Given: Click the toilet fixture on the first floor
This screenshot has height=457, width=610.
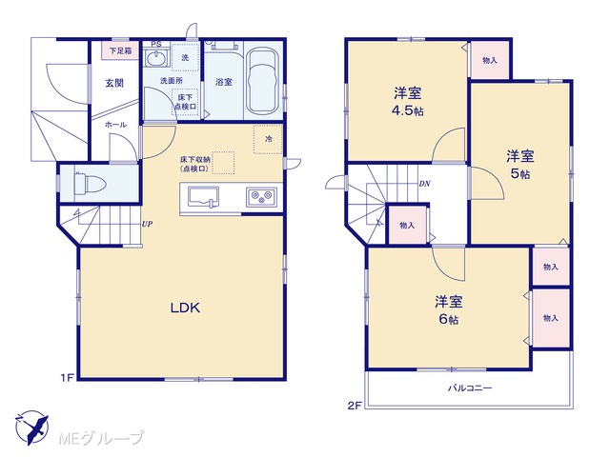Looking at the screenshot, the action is pos(90,184).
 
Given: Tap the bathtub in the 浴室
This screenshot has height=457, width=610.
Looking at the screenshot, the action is pos(263,80).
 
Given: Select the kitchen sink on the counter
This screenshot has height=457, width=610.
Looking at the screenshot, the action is pos(203,197).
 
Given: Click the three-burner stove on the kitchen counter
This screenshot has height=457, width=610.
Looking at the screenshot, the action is pos(261,197).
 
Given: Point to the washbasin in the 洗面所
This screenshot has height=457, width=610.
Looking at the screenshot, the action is pos(156,59).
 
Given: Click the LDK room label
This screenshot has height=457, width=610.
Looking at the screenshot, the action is pos(185,308).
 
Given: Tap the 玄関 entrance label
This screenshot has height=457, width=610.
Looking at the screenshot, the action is pos(114,83).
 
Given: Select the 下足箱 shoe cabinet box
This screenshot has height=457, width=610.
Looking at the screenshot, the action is pos(120,50).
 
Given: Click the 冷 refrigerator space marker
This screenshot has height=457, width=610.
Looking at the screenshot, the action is pos(268,139).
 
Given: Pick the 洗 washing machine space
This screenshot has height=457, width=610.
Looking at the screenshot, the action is pos(185,57).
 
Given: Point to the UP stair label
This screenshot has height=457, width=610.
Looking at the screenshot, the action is pos(147,225).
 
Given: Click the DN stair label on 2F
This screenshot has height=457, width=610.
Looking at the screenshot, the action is pos(424,184).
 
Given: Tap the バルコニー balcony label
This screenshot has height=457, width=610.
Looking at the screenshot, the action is pos(470,387).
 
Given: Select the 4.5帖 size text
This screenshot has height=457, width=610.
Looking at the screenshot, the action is pos(407,111).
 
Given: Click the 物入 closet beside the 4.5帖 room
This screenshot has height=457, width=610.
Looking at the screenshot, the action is pos(490,60).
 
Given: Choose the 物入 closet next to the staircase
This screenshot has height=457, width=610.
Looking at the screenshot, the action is pos(407,225).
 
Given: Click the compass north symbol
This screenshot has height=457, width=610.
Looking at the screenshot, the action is pos(33,427).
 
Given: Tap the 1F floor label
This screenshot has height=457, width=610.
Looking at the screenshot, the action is pos(67,378).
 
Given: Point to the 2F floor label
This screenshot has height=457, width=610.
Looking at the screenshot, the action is pos(355,406).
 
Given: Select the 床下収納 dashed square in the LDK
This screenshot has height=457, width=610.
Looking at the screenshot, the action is pos(223,163).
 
